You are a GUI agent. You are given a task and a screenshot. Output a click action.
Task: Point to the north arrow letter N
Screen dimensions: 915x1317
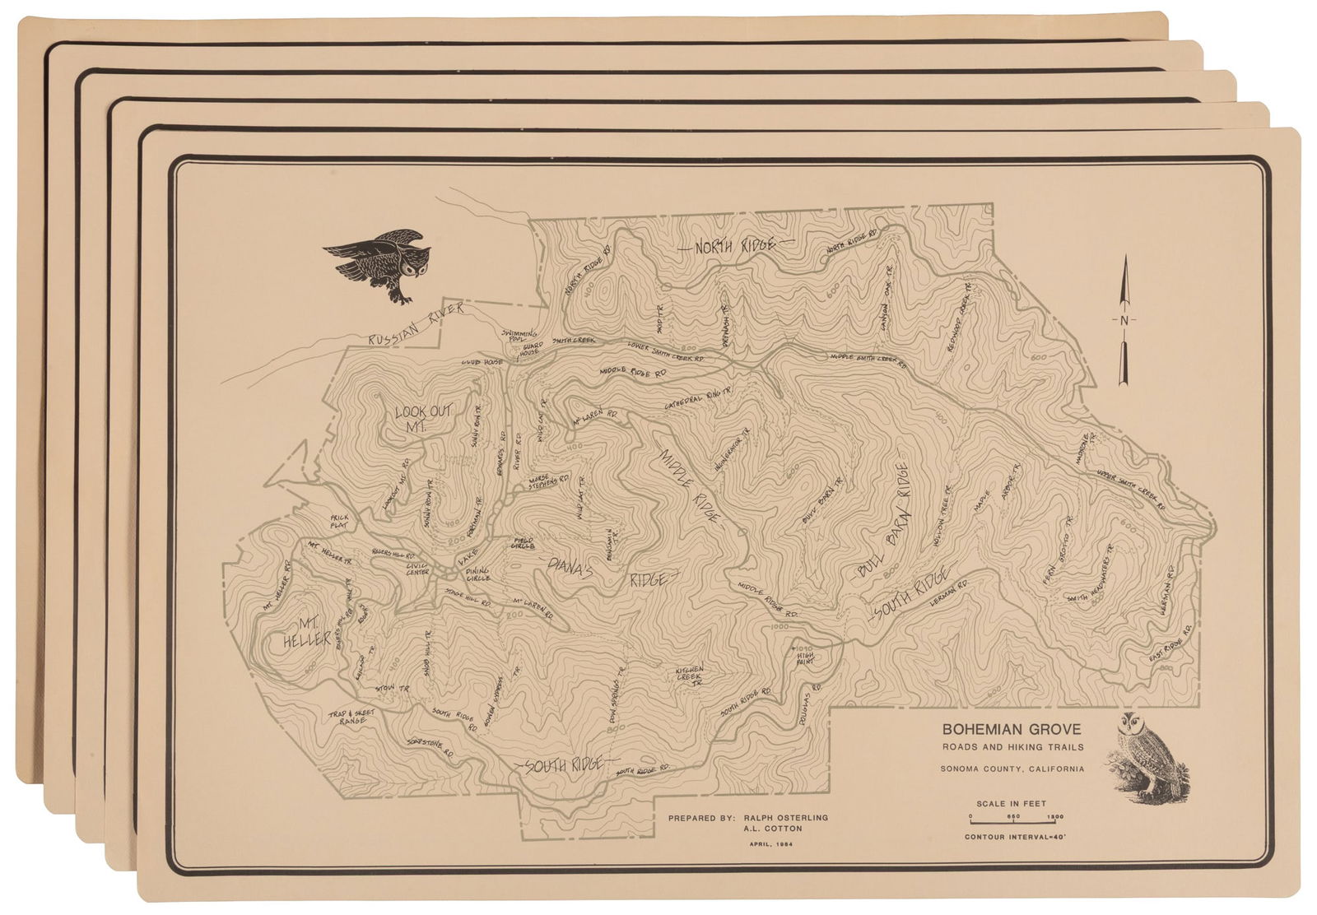(1125, 319)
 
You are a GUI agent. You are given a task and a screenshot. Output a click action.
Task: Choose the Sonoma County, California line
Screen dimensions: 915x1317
(1012, 769)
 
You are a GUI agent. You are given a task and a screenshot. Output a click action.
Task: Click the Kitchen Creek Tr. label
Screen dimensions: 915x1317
(689, 676)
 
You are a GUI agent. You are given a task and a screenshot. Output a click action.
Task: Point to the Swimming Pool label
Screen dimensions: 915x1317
(519, 336)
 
